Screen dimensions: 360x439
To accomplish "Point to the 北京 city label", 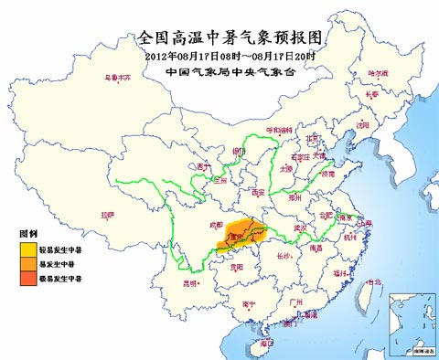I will [x=313, y=139].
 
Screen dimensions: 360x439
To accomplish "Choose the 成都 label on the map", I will [x=215, y=222].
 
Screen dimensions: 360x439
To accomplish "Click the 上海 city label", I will [x=365, y=223].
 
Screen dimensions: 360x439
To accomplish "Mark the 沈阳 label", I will [x=363, y=124].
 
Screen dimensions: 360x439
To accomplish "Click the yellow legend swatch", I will [x=29, y=247].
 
